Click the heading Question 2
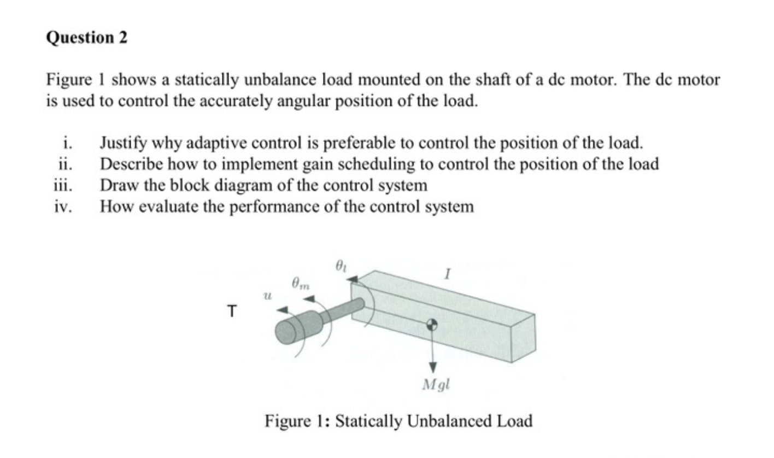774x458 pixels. (86, 38)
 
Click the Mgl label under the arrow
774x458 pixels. (436, 385)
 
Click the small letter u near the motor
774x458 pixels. (267, 295)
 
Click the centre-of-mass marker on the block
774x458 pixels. (432, 324)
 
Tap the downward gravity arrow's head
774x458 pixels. (432, 366)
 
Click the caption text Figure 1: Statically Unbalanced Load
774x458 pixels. (398, 421)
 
